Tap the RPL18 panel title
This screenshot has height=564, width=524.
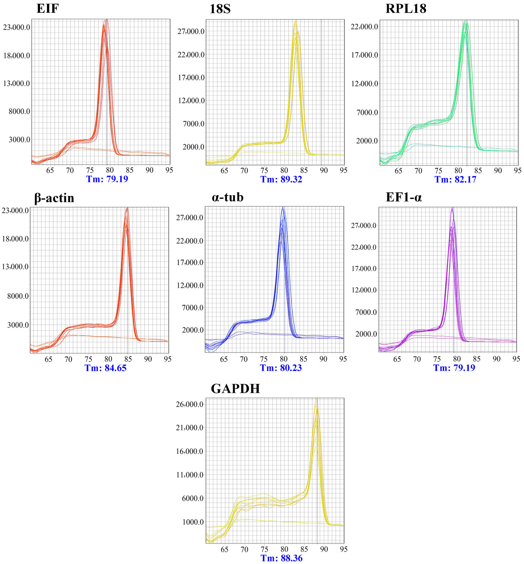pyautogui.click(x=406, y=9)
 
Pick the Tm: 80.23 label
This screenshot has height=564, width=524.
pyautogui.click(x=281, y=368)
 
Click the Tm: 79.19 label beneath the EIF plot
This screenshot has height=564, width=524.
pyautogui.click(x=107, y=179)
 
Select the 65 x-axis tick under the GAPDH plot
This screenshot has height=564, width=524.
pyautogui.click(x=224, y=549)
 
